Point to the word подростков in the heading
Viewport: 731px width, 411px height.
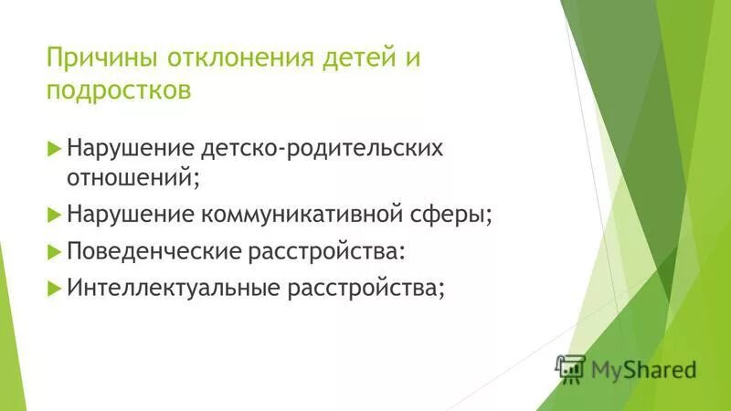tap(119, 90)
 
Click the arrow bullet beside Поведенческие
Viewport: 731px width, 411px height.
tap(53, 250)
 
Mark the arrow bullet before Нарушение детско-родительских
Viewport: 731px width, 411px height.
tap(53, 147)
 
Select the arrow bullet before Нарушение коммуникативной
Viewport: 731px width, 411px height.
tap(53, 215)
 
